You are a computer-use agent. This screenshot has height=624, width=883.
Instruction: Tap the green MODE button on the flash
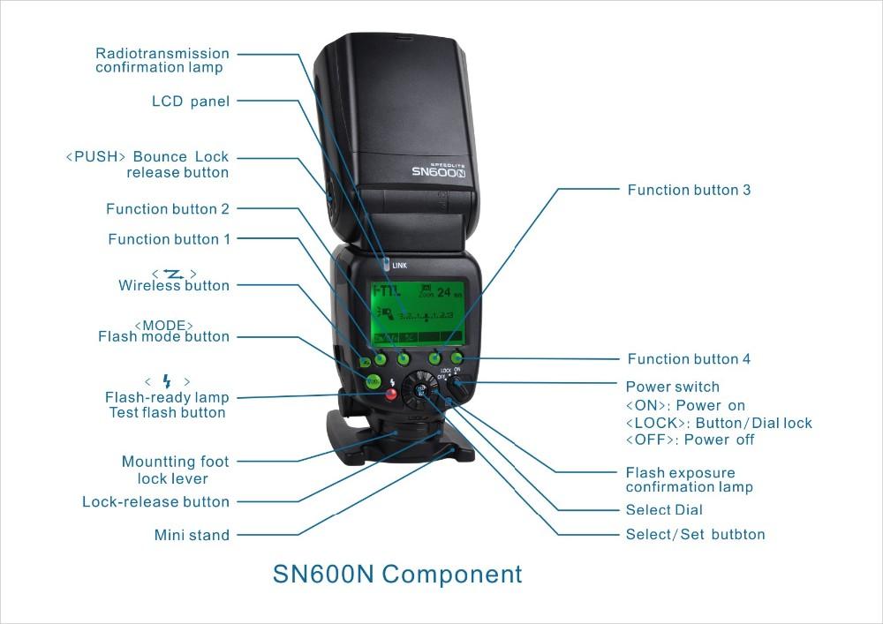point(373,381)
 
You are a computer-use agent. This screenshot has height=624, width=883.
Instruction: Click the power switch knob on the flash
point(454,386)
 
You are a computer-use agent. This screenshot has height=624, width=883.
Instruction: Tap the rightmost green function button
point(457,358)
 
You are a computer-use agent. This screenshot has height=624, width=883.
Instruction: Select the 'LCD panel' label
point(190,101)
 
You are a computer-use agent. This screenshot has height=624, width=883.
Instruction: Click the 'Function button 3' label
point(689,190)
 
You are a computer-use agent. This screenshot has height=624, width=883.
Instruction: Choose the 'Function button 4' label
point(689,359)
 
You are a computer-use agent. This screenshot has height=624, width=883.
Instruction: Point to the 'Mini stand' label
point(192,535)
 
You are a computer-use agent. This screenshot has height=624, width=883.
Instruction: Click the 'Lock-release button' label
point(155,502)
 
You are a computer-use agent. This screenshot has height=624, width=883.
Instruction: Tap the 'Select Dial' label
point(664,510)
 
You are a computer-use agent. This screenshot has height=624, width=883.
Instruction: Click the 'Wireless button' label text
point(174,286)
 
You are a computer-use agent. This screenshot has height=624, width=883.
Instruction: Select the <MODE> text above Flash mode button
point(164,325)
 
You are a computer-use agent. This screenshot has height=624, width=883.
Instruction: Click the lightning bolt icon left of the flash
point(165,381)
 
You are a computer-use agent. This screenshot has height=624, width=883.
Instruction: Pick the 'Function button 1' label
point(169,239)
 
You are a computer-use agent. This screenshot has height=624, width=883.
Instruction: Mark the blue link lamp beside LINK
point(385,264)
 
